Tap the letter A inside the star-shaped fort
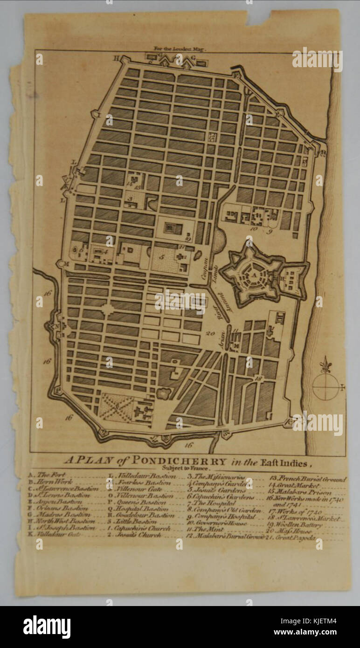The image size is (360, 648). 254,275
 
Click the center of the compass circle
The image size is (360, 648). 325,387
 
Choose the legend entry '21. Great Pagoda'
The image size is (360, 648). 293,538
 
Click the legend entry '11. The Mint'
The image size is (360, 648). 210,530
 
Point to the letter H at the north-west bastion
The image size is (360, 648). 117,58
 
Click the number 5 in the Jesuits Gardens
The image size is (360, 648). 161,256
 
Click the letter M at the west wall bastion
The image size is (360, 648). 67,264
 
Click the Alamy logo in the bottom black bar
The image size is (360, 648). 47,627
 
